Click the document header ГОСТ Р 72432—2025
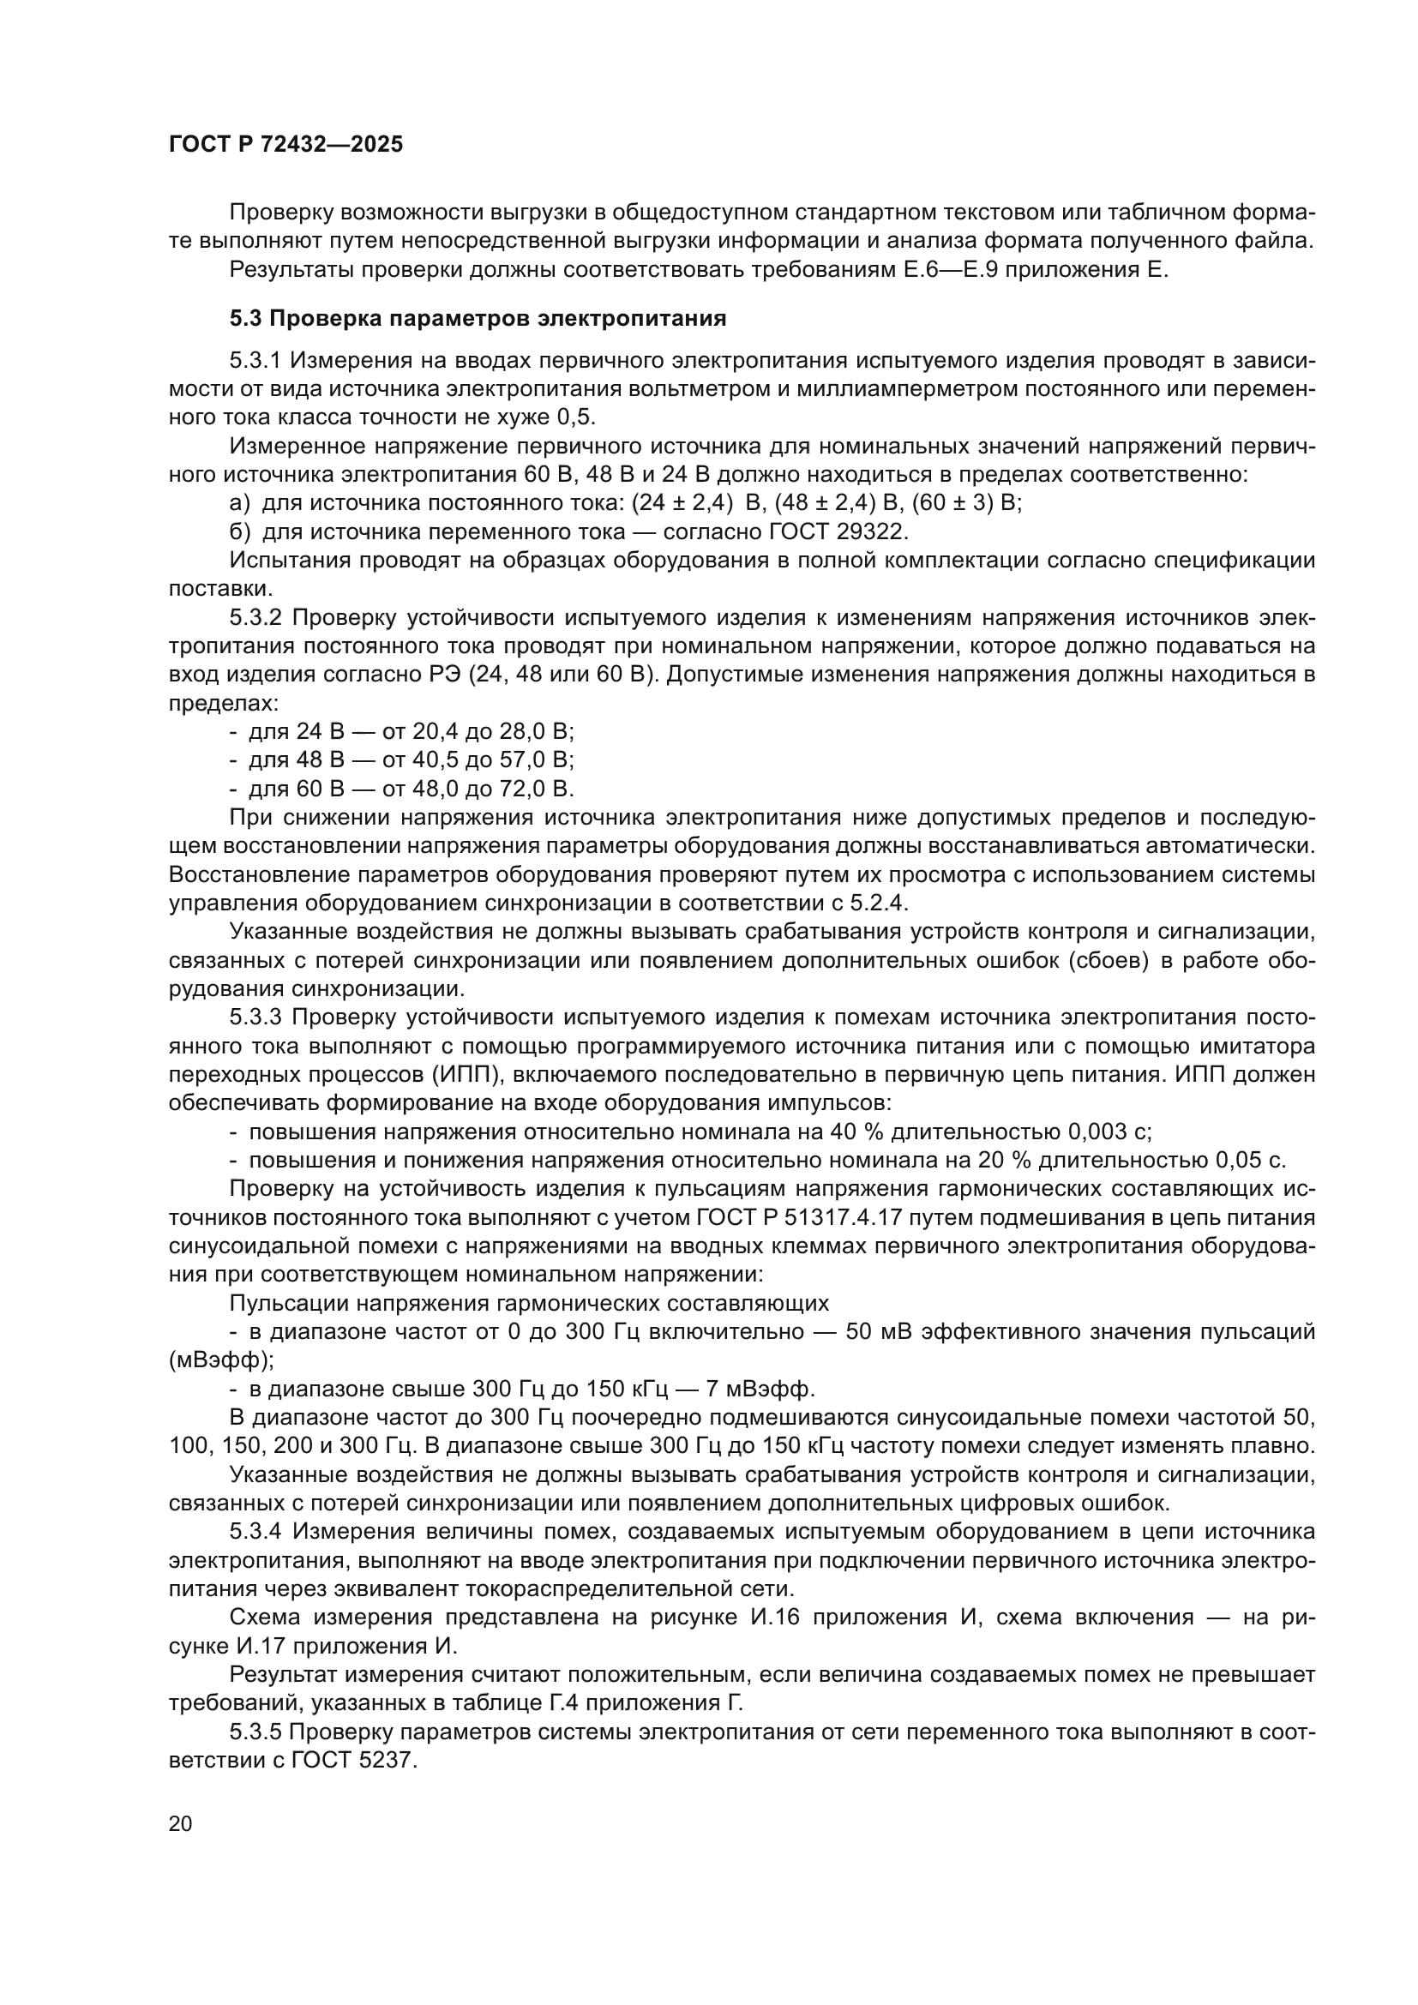click(x=285, y=145)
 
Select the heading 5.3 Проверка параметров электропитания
click(x=478, y=319)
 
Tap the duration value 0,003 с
click(x=1109, y=1132)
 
